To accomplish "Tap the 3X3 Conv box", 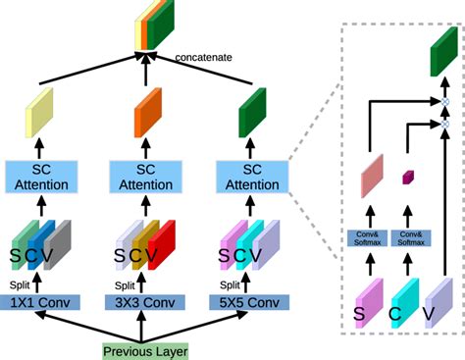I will (x=144, y=303).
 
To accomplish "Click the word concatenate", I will (x=203, y=57).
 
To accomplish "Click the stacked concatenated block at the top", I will (x=148, y=23).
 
